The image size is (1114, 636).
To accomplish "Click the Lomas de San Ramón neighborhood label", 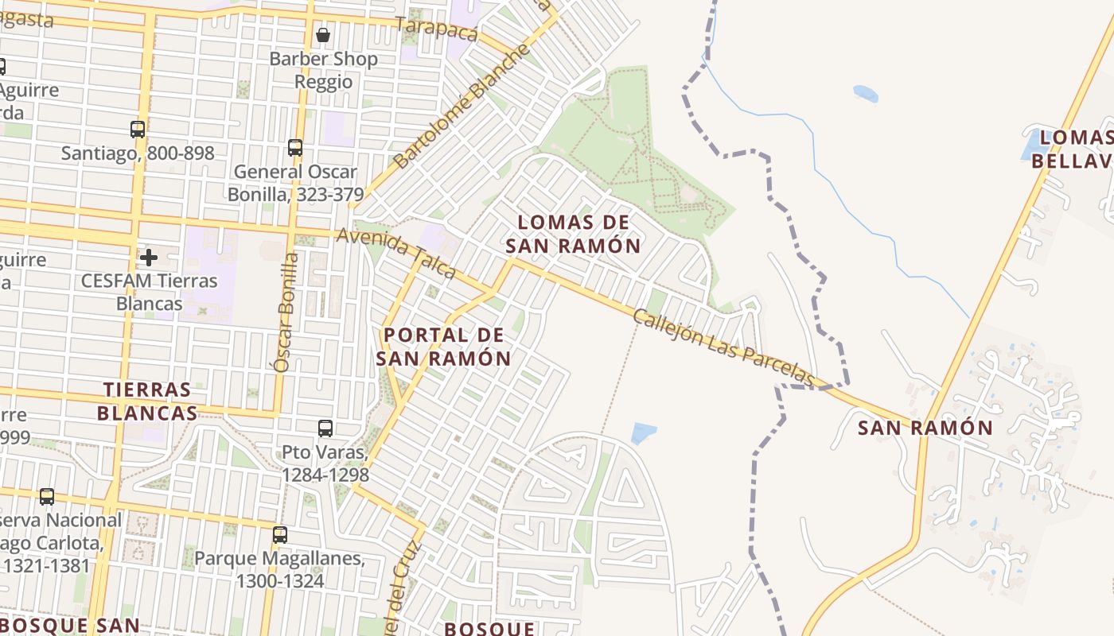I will pos(573,234).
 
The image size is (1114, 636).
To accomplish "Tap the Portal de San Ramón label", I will pos(443,347).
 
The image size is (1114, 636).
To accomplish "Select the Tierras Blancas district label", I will pos(147,401).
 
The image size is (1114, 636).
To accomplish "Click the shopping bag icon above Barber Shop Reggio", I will pos(323,35).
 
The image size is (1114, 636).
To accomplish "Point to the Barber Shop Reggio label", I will pos(323,70).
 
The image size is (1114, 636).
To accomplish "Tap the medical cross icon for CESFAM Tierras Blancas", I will pos(148,257).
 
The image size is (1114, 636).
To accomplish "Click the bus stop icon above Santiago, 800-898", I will pos(138,129).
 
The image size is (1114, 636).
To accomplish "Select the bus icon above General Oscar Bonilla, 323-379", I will pos(295,147).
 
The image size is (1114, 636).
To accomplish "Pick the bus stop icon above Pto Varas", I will pos(325,429).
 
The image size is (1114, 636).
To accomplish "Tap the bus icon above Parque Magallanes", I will pos(279,534).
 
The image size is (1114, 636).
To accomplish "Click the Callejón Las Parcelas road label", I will pos(724,347).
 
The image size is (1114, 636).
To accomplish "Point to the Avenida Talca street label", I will pos(395,253).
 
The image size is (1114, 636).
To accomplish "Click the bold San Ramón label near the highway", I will pos(925,428).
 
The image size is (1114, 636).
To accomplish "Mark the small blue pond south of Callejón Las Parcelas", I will pos(643,433).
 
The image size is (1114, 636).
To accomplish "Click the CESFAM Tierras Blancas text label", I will pos(149,292).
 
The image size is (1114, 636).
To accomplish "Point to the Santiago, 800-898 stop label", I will pos(138,153).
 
